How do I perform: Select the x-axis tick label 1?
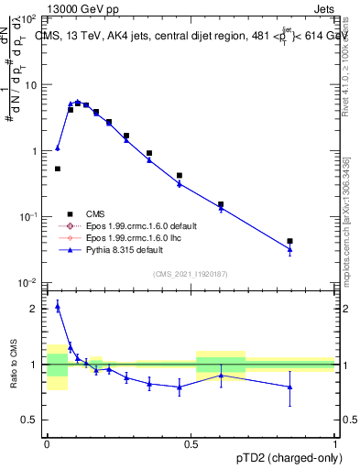pyautogui.click(x=335, y=442)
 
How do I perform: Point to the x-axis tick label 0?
pyautogui.click(x=47, y=442)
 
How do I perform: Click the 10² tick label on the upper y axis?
pyautogui.click(x=29, y=19)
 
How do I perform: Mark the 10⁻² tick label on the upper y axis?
pyautogui.click(x=29, y=282)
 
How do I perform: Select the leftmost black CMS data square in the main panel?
pyautogui.click(x=58, y=169)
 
